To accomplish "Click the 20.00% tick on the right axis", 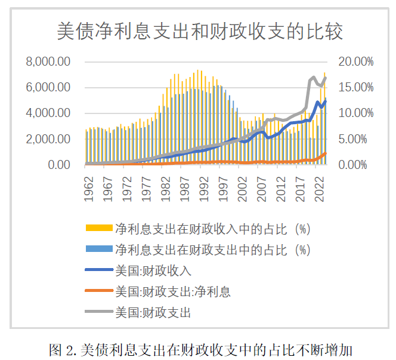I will (x=355, y=61).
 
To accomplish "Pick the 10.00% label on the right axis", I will (x=355, y=113).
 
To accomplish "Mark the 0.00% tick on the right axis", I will (x=358, y=165).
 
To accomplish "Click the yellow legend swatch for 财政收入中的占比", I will (x=98, y=229).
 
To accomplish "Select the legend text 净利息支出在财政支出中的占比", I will (x=212, y=250).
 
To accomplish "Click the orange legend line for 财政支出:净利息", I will (x=98, y=291).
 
